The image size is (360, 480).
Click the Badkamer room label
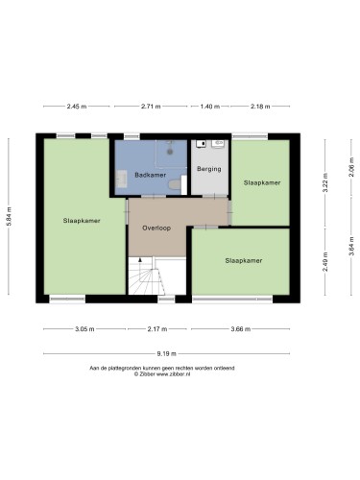(150, 175)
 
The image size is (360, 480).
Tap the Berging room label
(209, 169)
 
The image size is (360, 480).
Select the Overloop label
(156, 228)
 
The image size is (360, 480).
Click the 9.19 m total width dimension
(166, 354)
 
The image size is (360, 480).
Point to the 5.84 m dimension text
(9, 217)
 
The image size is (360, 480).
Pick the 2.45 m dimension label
(77, 107)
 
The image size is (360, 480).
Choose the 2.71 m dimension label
(151, 107)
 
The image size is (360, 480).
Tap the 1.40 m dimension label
(210, 107)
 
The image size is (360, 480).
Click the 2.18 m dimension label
(260, 107)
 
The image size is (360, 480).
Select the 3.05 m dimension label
(84, 329)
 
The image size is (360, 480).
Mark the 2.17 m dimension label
(157, 329)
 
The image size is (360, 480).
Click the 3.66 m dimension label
(241, 329)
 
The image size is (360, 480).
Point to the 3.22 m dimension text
(325, 182)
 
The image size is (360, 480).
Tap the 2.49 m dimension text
(325, 262)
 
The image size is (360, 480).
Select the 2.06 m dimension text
(351, 167)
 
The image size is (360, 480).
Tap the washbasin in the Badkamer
(122, 179)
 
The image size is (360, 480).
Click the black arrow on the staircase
(140, 260)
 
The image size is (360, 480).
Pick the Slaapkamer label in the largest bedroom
(82, 221)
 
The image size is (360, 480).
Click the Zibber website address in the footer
(173, 374)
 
